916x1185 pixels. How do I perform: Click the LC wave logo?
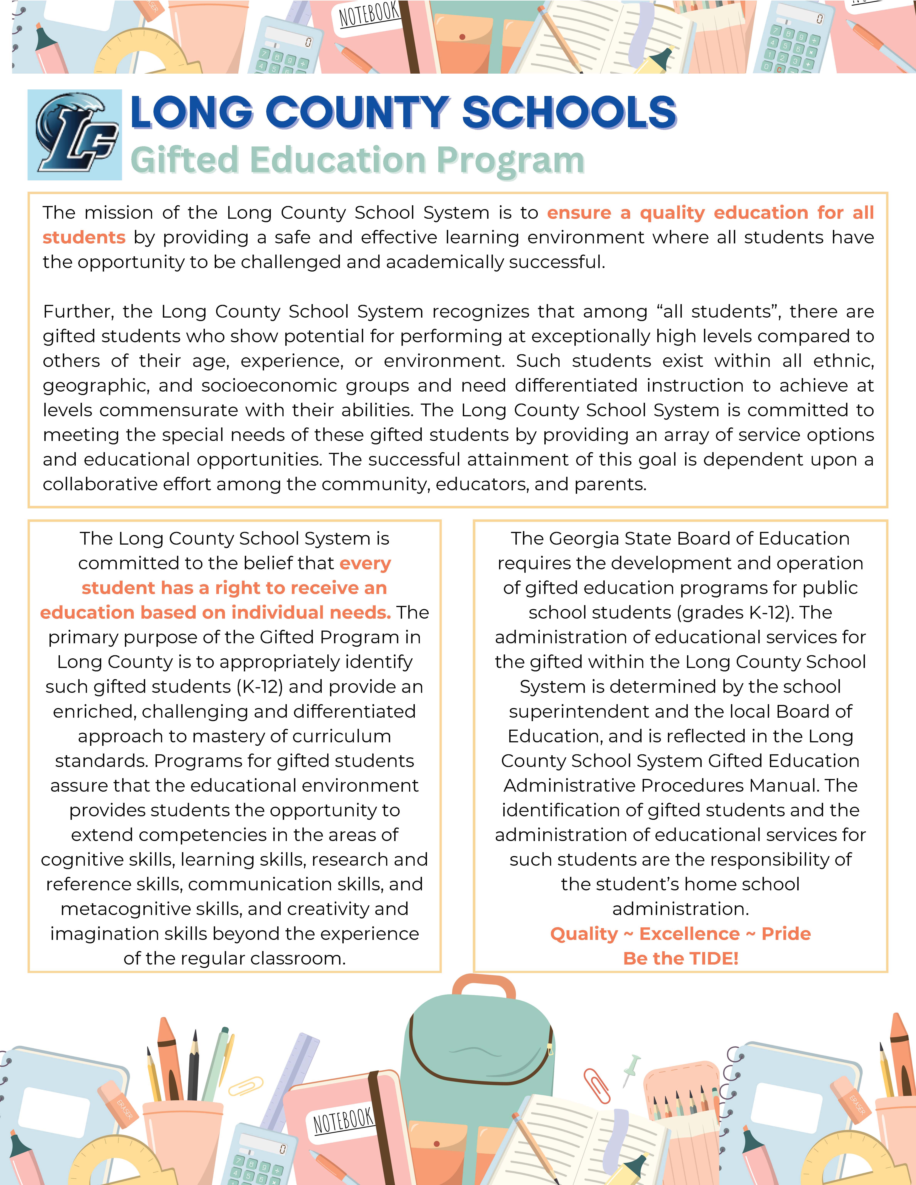coord(75,135)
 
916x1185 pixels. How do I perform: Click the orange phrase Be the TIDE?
coord(680,958)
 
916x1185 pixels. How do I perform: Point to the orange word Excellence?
coord(689,934)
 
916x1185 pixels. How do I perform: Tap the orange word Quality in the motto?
coord(584,934)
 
